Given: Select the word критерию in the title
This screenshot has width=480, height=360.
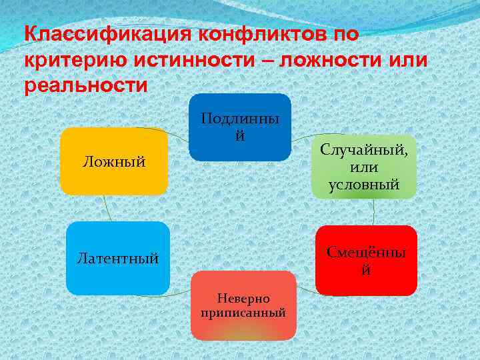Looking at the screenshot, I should tap(73, 61).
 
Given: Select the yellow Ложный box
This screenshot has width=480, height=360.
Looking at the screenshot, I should tap(114, 161).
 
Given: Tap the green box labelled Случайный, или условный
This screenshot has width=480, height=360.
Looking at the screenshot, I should tap(364, 167).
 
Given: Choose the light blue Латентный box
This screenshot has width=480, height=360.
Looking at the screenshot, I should tap(118, 257).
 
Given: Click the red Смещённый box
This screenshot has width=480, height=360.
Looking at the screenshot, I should tap(366, 260).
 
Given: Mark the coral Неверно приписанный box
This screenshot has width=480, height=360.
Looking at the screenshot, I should tap(243, 305).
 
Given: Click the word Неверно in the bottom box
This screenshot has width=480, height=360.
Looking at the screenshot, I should tap(243, 299).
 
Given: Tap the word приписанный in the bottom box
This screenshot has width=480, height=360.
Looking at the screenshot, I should tap(243, 312).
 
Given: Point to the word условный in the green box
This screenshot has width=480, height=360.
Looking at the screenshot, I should tap(364, 185).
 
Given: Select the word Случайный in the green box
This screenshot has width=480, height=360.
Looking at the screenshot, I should tap(364, 149).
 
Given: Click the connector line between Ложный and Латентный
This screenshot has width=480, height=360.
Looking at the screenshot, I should tap(108, 208).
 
